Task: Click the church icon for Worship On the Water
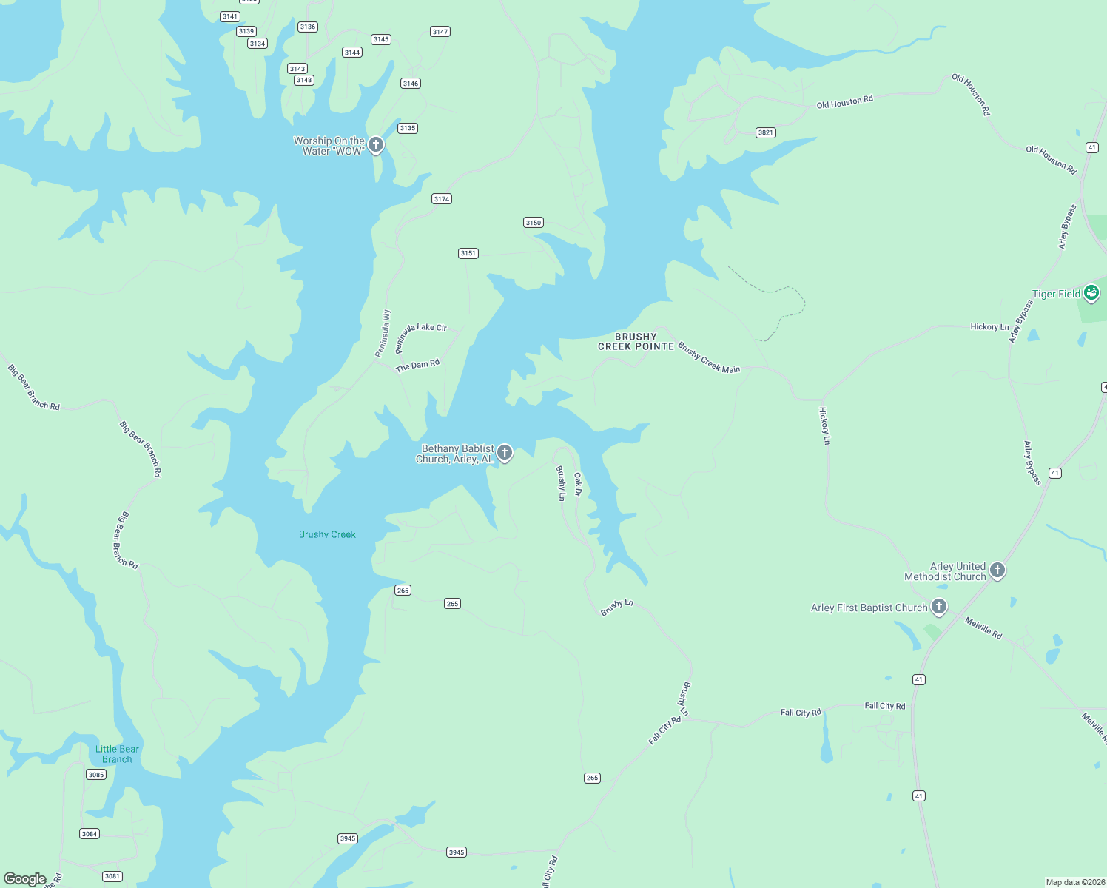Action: pos(376,144)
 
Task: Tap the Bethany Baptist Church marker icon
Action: pos(505,452)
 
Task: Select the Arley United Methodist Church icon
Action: pos(997,570)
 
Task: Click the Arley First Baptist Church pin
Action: pos(939,607)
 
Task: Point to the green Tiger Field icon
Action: pos(1091,293)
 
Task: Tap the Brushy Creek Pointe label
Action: pos(636,341)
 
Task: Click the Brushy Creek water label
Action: pos(327,534)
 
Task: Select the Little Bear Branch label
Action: pos(117,754)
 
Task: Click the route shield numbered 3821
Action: pos(765,133)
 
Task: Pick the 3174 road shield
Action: pos(442,199)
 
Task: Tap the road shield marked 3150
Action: pos(533,223)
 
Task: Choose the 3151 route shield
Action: pos(468,253)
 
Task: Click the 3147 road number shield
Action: pos(440,32)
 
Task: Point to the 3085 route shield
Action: pos(96,775)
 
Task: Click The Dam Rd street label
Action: pos(417,366)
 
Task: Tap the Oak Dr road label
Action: pos(578,485)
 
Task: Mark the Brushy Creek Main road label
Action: pos(709,358)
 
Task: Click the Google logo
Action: pos(25,879)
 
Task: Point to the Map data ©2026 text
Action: pos(1074,882)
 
